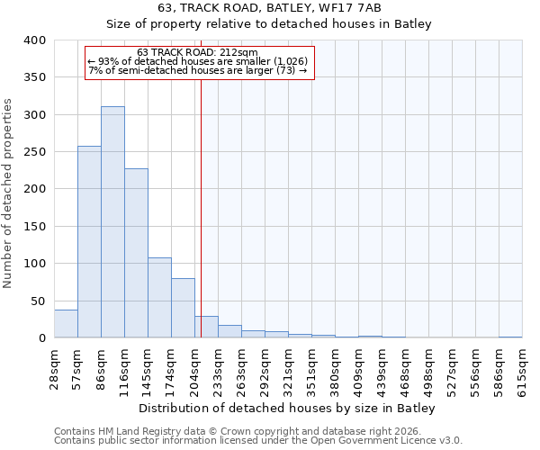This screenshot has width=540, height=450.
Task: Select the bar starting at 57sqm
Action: point(89,242)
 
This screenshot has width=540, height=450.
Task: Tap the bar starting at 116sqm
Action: point(136,253)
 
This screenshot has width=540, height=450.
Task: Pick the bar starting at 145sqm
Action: point(159,298)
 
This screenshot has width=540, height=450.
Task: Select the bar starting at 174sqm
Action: point(183,308)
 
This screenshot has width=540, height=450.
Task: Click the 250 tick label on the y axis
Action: point(36,152)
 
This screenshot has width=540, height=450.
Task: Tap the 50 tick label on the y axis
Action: point(39,301)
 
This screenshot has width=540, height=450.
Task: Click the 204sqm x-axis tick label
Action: point(194,368)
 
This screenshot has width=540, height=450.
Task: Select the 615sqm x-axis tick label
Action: point(522,368)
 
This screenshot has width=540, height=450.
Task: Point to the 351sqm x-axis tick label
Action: point(311,368)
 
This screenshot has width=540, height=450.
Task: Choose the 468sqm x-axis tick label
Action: point(405,368)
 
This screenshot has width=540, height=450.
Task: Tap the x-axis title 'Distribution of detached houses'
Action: point(287,409)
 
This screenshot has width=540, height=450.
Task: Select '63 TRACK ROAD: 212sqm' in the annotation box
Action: point(198,52)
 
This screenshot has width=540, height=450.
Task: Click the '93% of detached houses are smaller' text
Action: point(198,61)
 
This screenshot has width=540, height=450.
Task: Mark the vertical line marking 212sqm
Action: point(201,207)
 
